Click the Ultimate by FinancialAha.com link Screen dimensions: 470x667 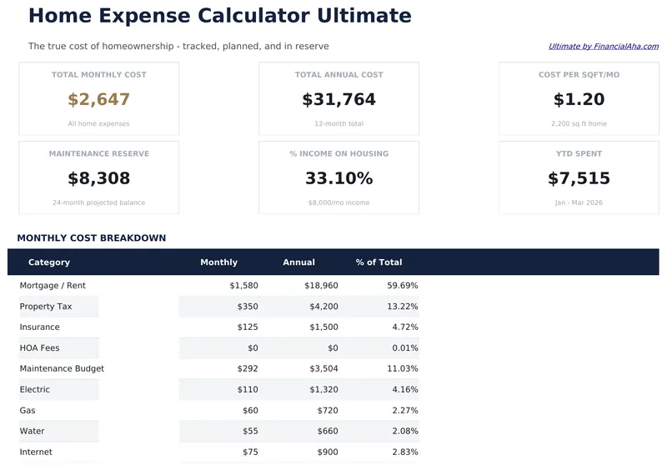click(x=603, y=47)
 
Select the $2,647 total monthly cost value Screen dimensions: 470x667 click(x=98, y=100)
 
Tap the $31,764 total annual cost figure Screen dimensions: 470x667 click(x=339, y=100)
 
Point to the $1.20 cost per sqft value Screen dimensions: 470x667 click(x=579, y=100)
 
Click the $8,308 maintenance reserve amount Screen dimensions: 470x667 click(x=98, y=178)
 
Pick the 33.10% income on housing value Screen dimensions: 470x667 click(x=339, y=178)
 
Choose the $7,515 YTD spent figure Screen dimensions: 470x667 click(x=579, y=178)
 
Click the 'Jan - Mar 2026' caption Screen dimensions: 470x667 click(x=579, y=202)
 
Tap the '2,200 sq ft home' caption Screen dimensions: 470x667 click(x=579, y=124)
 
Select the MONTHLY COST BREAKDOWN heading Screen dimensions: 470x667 click(x=91, y=238)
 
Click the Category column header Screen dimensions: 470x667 click(x=49, y=262)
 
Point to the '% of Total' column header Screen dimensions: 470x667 click(x=379, y=262)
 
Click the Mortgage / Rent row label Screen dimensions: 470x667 click(x=53, y=286)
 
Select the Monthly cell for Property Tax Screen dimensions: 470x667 click(x=243, y=307)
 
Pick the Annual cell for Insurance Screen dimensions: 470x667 click(x=323, y=327)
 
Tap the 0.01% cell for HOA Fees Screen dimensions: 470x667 click(x=404, y=348)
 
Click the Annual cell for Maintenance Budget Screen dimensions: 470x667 click(x=323, y=369)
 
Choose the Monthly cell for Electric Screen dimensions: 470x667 click(x=245, y=390)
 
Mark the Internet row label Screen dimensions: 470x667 click(x=36, y=452)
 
